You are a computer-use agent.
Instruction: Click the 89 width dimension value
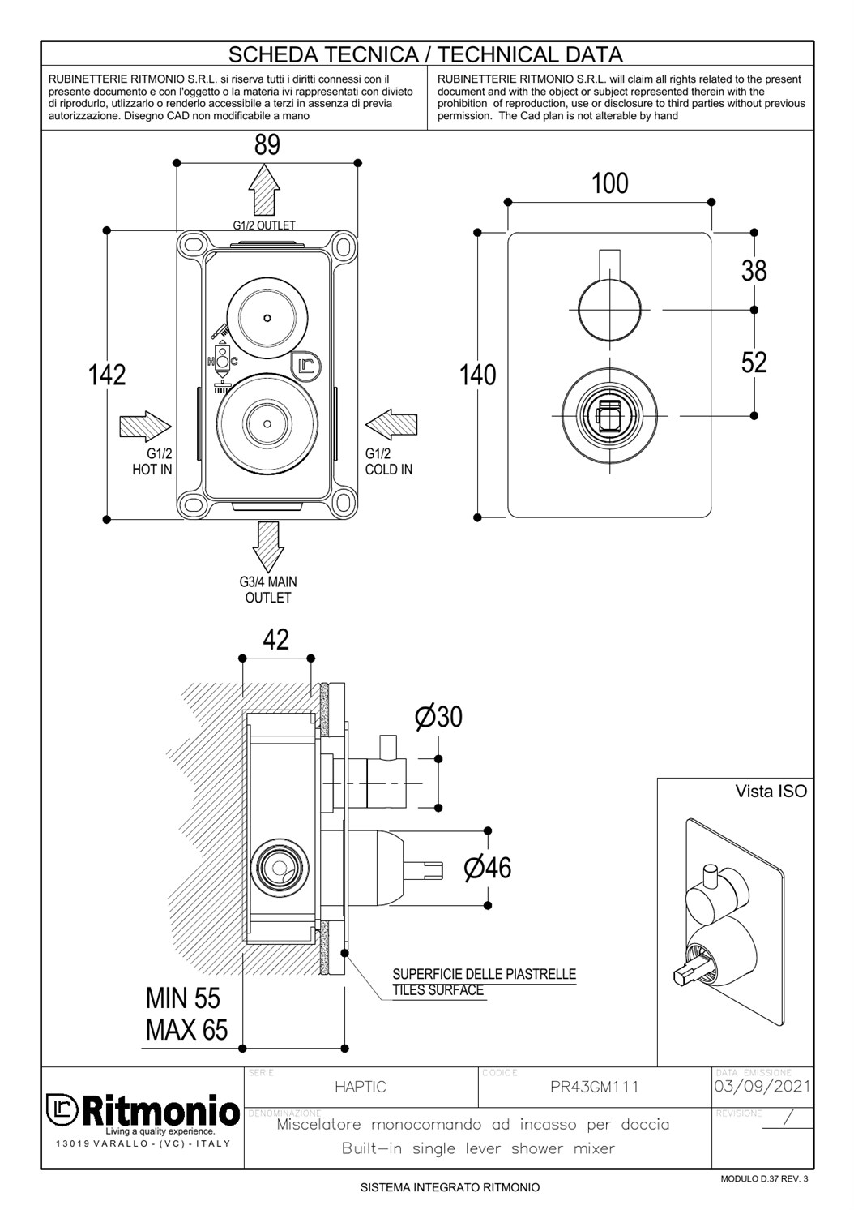pos(267,145)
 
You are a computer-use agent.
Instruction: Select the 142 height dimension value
pos(107,375)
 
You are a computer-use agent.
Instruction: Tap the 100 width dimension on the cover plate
pos(610,183)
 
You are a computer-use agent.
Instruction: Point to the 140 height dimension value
pos(478,375)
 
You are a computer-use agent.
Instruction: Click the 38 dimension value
pos(754,271)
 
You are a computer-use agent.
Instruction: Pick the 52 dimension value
pos(754,363)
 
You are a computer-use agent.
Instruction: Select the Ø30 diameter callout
pos(439,717)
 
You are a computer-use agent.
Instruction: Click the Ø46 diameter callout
pos(488,868)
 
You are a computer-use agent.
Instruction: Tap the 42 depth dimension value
pos(275,640)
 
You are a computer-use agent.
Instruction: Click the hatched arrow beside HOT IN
pos(145,427)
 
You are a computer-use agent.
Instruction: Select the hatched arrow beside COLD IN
pos(391,424)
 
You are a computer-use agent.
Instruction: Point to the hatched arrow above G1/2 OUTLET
pos(264,190)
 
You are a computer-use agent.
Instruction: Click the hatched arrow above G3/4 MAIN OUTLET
pos(268,547)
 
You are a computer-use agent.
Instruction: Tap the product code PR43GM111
pos(595,1087)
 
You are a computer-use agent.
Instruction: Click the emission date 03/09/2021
pos(762,1086)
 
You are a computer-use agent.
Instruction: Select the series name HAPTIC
pos(361,1087)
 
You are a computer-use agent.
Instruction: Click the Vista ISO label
pos(771,792)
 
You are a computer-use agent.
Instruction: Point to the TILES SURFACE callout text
pos(438,990)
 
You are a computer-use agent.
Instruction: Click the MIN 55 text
pos(183,998)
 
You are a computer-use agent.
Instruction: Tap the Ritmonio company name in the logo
pos(161,1111)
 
